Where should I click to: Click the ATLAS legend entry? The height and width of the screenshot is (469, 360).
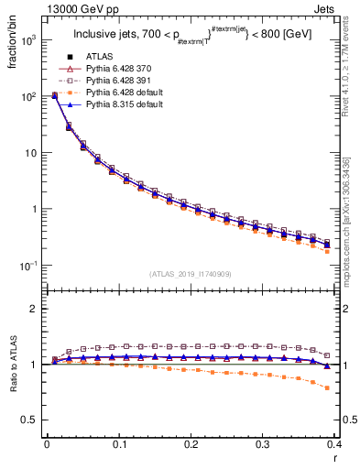(99, 58)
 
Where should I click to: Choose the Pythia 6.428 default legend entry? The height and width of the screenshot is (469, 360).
(125, 93)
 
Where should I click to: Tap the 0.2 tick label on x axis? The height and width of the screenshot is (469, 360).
(191, 444)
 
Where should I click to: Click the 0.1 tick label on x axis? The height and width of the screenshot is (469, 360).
(119, 444)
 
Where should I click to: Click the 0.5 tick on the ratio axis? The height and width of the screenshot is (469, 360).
(30, 420)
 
